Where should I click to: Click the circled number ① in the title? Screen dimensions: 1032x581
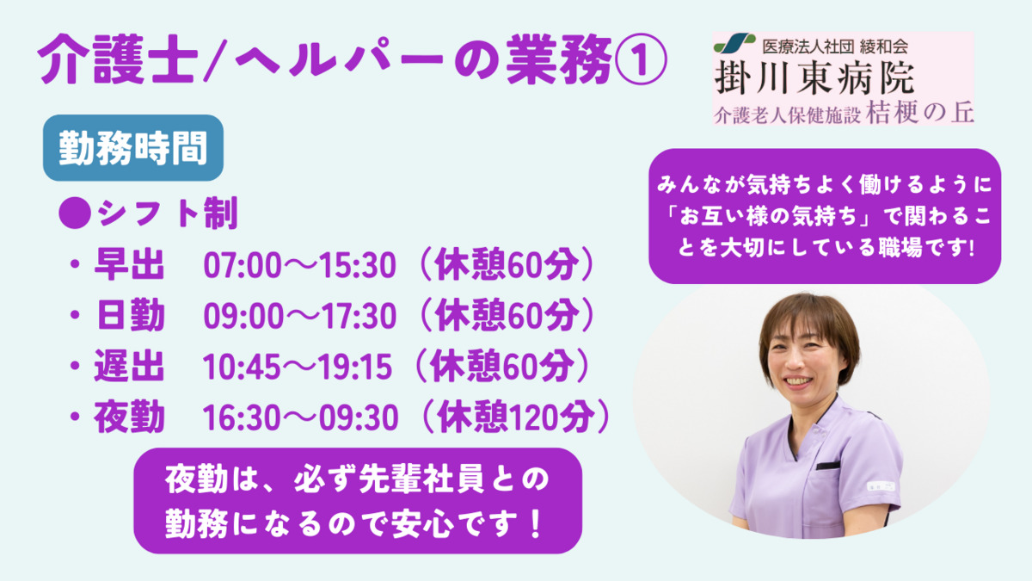(x=641, y=60)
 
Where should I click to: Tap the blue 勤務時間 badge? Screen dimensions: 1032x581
(x=133, y=147)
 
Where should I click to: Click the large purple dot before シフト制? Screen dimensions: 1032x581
(x=75, y=213)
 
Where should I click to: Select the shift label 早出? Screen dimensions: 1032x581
(x=129, y=265)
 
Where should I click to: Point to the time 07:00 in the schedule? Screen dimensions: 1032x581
(x=243, y=266)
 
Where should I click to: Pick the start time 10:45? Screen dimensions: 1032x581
(x=242, y=367)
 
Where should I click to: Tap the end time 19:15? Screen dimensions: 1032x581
(x=354, y=367)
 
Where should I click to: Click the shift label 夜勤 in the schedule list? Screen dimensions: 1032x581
(x=129, y=417)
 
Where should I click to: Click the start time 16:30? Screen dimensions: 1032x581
(x=243, y=417)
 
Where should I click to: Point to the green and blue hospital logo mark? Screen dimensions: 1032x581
(x=734, y=43)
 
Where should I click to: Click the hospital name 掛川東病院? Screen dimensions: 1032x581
(x=814, y=78)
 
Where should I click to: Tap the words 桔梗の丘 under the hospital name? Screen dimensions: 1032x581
(x=919, y=113)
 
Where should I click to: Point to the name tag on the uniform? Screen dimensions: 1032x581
(x=881, y=486)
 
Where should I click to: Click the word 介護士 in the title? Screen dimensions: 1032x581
(x=118, y=60)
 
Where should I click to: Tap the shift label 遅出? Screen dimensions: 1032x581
(x=129, y=366)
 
